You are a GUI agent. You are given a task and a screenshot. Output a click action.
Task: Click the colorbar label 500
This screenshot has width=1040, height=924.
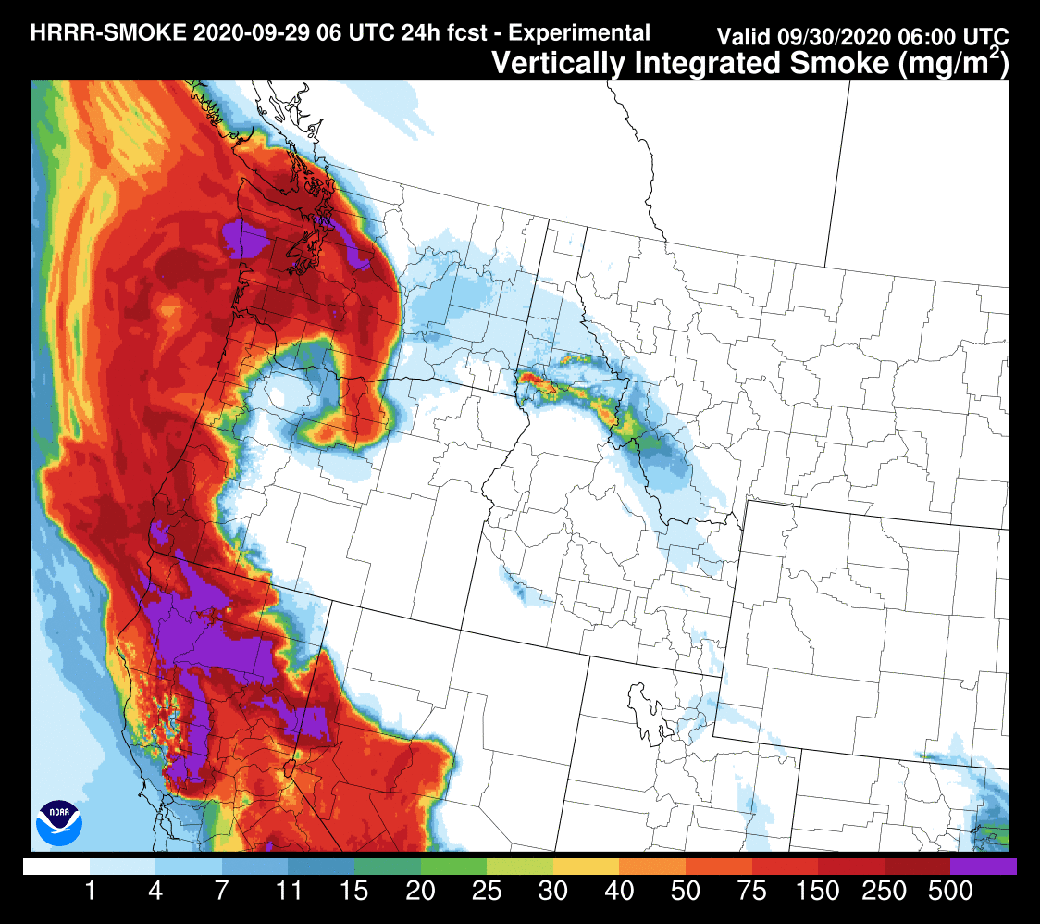coord(949,892)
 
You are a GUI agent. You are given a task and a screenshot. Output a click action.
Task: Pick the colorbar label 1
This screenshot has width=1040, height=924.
coord(91,892)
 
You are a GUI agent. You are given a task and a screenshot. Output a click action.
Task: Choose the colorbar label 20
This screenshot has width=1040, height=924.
coord(421,892)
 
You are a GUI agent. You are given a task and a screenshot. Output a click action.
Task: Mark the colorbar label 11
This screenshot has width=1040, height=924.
coord(289,892)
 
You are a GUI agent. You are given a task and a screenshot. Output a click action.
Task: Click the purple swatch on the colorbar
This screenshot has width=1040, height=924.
coord(983,867)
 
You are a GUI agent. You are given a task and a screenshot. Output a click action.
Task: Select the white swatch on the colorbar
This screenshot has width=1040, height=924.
coord(56,867)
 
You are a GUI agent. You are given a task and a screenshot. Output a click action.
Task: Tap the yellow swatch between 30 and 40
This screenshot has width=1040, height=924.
coord(586,867)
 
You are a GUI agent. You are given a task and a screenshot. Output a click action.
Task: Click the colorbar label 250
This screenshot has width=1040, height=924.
coord(884,892)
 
